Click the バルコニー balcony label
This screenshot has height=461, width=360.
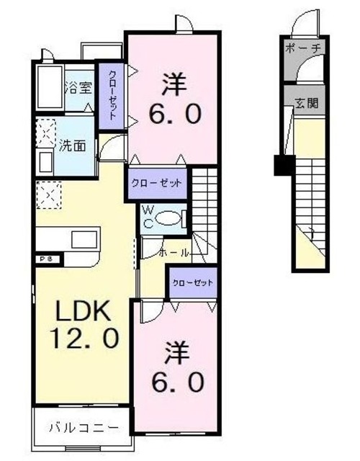(x=83, y=426)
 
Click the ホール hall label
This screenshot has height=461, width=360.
(x=174, y=254)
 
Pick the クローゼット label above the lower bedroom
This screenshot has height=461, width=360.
(x=192, y=282)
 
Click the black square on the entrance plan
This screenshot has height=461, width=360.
(x=281, y=165)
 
